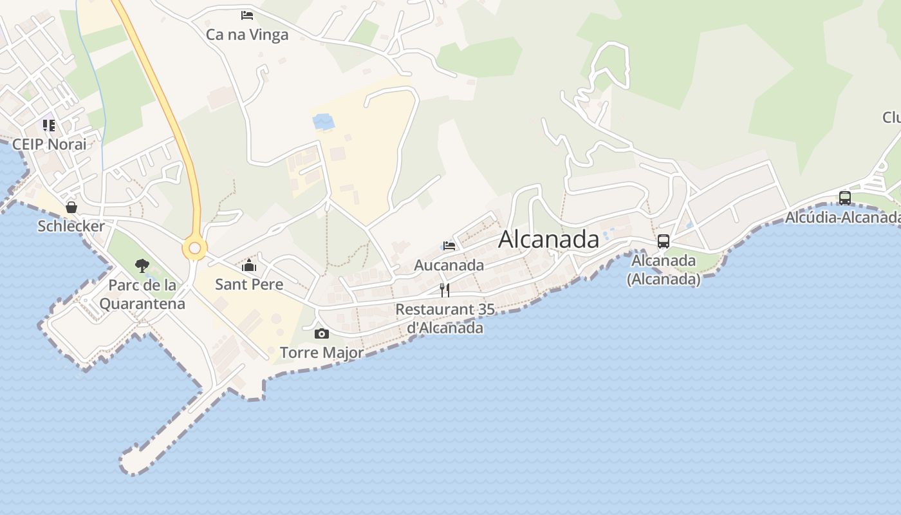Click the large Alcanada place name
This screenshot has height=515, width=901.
548,239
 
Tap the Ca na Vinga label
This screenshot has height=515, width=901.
247,35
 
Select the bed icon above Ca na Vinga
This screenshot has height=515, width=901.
247,15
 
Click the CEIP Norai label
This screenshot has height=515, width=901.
49,144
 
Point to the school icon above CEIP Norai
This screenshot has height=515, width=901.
49,125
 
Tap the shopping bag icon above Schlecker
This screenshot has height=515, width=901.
71,207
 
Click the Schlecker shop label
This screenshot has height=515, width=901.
71,226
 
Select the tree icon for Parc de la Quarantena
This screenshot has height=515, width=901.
142,265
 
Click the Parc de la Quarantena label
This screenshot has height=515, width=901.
142,294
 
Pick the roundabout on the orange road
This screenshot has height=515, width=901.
194,248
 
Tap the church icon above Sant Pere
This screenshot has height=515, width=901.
249,265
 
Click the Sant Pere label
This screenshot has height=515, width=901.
249,284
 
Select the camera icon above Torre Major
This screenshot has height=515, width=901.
322,333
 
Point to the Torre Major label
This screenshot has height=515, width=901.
322,353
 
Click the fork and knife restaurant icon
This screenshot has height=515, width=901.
444,290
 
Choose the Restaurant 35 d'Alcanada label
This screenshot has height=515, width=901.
445,318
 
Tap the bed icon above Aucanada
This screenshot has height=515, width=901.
449,245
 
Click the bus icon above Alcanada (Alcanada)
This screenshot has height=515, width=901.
664,241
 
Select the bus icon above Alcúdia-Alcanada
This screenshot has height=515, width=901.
845,198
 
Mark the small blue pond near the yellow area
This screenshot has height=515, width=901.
323,121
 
